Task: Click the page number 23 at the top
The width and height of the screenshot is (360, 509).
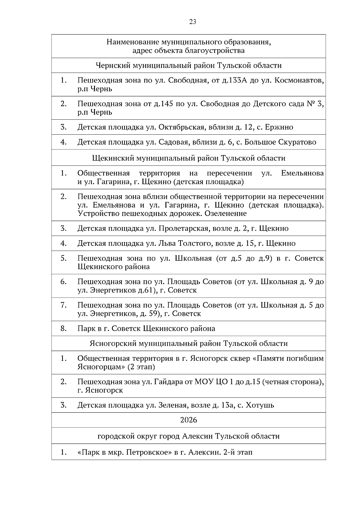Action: coord(193,22)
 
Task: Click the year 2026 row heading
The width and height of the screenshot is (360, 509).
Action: coord(189,420)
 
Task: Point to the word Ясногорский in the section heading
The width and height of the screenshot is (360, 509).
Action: coord(113,343)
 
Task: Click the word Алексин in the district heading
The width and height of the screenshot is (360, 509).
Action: coord(198,436)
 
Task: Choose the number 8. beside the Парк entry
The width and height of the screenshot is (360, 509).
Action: coord(63,328)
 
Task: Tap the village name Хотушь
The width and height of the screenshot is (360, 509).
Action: coord(260,406)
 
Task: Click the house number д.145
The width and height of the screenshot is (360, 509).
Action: coord(165,104)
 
